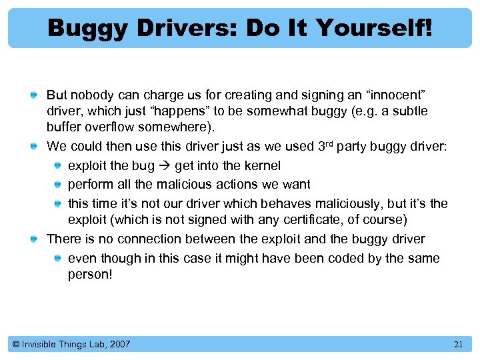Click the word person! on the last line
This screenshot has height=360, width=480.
(x=90, y=274)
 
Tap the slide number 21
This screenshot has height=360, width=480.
(x=458, y=344)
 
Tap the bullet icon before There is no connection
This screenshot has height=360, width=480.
(x=33, y=239)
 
